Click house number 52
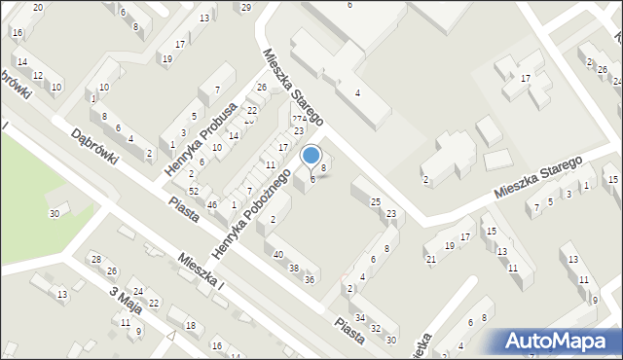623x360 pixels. tap(194, 191)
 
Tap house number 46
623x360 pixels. tap(212, 204)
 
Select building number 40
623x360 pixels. tap(278, 255)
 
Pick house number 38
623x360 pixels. tap(294, 268)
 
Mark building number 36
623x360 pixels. tap(310, 280)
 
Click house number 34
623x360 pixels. tap(360, 318)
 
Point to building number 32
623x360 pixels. tap(376, 329)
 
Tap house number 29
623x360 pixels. tap(245, 8)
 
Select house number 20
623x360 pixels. tap(37, 8)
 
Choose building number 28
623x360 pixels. tap(95, 259)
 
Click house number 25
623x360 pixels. tap(376, 201)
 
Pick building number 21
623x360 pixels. tap(430, 259)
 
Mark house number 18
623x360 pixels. tap(191, 325)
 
